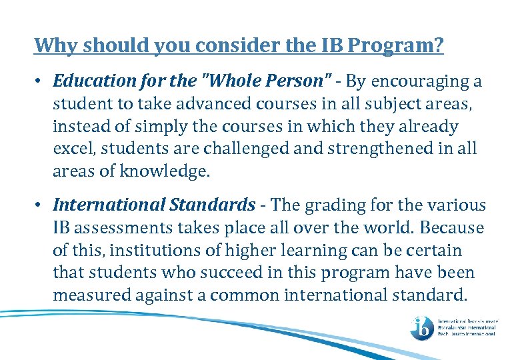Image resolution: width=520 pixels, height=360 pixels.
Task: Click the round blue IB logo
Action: point(421,327)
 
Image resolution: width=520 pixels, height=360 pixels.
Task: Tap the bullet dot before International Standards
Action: point(40,205)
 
